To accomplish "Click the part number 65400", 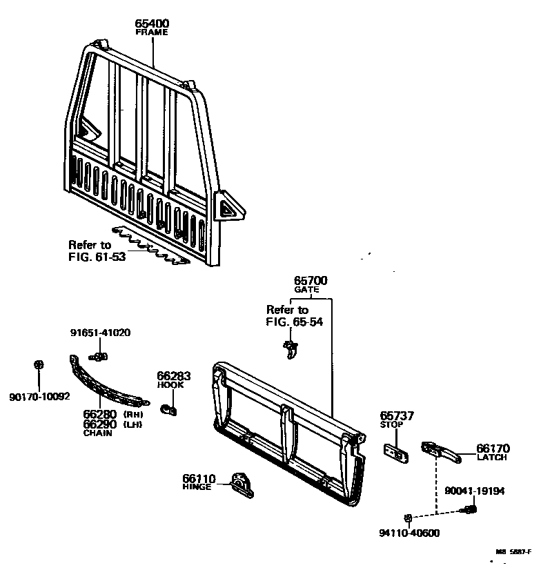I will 152,23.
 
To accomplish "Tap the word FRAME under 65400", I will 152,32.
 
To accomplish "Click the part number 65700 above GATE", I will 311,281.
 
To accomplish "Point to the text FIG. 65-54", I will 294,321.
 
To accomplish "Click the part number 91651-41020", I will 100,333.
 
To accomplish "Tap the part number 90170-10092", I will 39,396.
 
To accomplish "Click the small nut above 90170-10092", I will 39,364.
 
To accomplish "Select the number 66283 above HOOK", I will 173,376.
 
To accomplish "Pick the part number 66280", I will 100,414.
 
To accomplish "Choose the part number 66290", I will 100,424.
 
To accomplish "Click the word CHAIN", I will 98,433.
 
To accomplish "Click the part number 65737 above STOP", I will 397,416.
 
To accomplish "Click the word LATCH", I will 491,458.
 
